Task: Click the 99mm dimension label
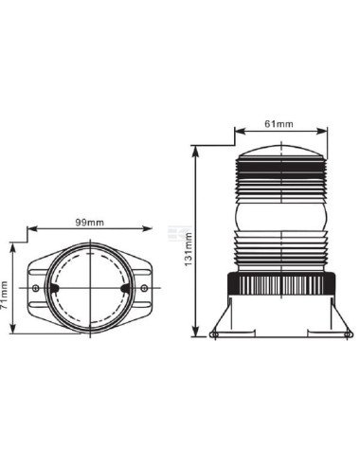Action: click(89, 222)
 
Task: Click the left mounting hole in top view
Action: click(35, 288)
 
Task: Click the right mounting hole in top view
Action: click(144, 288)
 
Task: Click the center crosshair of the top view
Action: click(89, 288)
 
